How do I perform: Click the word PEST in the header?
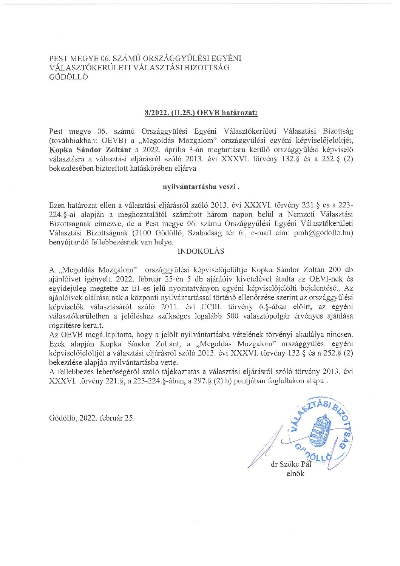pos(58,59)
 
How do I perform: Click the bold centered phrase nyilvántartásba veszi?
pos(201,187)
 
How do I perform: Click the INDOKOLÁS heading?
pos(201,251)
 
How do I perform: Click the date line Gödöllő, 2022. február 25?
pos(92,418)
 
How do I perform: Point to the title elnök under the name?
pos(295,474)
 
